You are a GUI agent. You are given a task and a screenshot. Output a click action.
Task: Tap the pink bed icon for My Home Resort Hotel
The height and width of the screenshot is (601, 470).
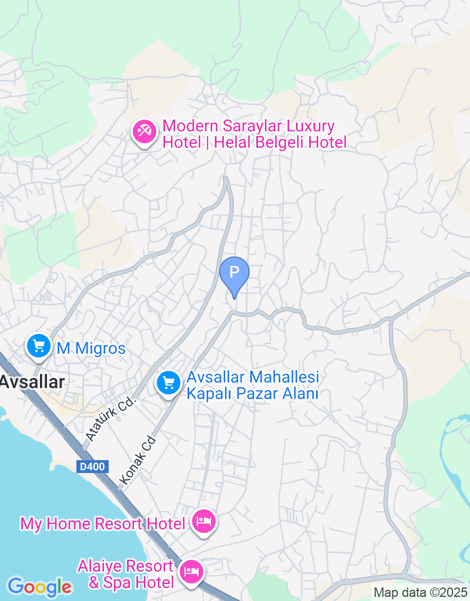pos(204,521)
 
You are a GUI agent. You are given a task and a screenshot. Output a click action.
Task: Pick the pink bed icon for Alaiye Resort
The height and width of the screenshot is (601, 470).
pos(192,570)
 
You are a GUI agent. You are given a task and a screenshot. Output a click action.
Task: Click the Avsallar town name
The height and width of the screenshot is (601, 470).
pos(32,381)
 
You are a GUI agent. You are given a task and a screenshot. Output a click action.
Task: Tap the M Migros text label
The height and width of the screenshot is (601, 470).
pos(91,349)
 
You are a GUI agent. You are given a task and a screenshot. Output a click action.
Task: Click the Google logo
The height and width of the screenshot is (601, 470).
pos(39,586)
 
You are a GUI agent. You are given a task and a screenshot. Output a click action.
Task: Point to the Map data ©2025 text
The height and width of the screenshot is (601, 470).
pos(421,593)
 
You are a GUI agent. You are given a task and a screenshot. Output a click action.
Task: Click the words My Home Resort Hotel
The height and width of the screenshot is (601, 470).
pos(103,523)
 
